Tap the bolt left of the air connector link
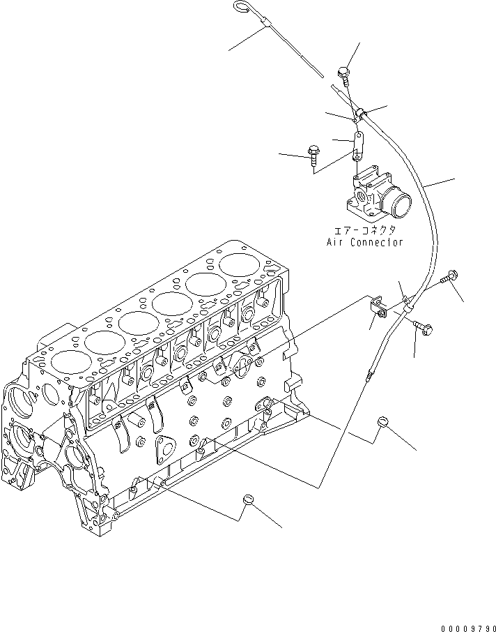point(312,152)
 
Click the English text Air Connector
point(365,242)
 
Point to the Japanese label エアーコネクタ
point(365,230)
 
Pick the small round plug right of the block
point(382,421)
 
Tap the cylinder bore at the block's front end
point(68,360)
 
